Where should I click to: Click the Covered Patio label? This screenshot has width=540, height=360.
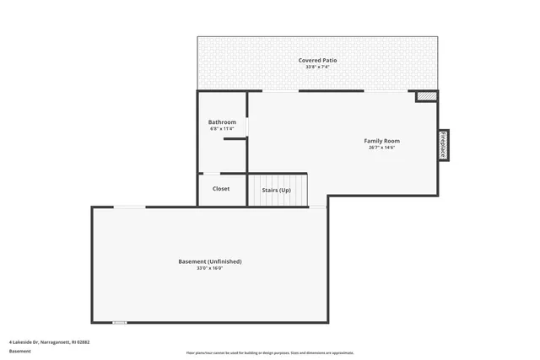317,60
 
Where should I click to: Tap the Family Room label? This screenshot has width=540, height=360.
381,141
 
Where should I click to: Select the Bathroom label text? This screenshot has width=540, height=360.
222,122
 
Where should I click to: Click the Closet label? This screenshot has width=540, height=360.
221,189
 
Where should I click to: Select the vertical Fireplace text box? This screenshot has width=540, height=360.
443,144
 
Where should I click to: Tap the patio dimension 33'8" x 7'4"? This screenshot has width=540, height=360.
317,67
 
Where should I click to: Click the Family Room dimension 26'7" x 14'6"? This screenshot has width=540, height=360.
381,148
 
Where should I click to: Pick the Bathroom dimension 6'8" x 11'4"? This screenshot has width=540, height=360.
222,129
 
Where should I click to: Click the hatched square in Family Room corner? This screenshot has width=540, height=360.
427,97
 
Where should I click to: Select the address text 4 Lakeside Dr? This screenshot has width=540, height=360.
49,341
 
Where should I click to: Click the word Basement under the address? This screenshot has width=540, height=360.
19,350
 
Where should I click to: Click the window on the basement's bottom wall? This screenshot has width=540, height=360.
120,322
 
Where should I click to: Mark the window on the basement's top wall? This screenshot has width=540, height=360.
130,207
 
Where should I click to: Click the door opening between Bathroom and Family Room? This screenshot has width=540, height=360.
247,126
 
